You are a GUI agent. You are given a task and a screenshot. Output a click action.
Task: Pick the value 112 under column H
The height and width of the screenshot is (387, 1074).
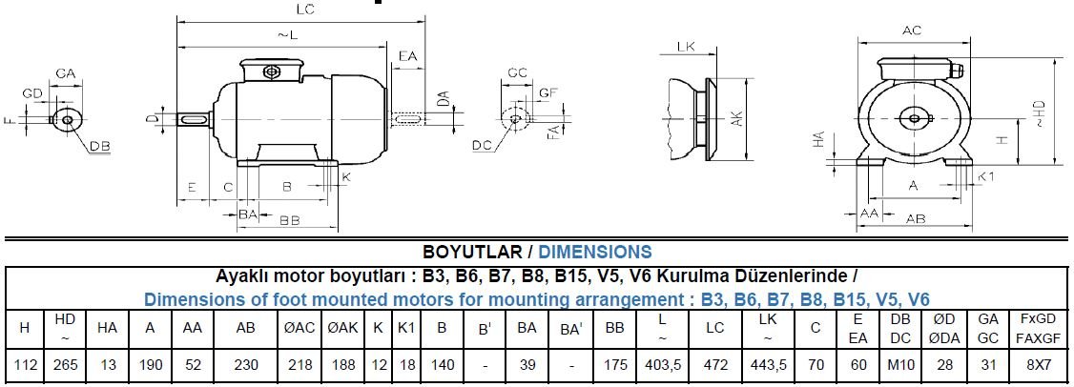24,365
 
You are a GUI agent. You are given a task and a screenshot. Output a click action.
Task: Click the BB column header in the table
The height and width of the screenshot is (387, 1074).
615,327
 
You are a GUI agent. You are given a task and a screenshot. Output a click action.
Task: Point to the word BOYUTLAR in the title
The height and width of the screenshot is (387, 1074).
471,253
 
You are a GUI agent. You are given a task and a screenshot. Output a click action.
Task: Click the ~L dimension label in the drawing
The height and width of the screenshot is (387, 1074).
288,35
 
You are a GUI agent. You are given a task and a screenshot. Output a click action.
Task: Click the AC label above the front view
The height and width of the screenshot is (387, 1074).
912,31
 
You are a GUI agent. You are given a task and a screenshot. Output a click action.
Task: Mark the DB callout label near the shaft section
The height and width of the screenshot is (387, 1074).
100,146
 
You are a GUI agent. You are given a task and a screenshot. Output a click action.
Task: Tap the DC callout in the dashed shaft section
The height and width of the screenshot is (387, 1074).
482,146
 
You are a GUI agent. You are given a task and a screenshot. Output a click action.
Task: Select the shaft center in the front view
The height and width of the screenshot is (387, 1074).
914,118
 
